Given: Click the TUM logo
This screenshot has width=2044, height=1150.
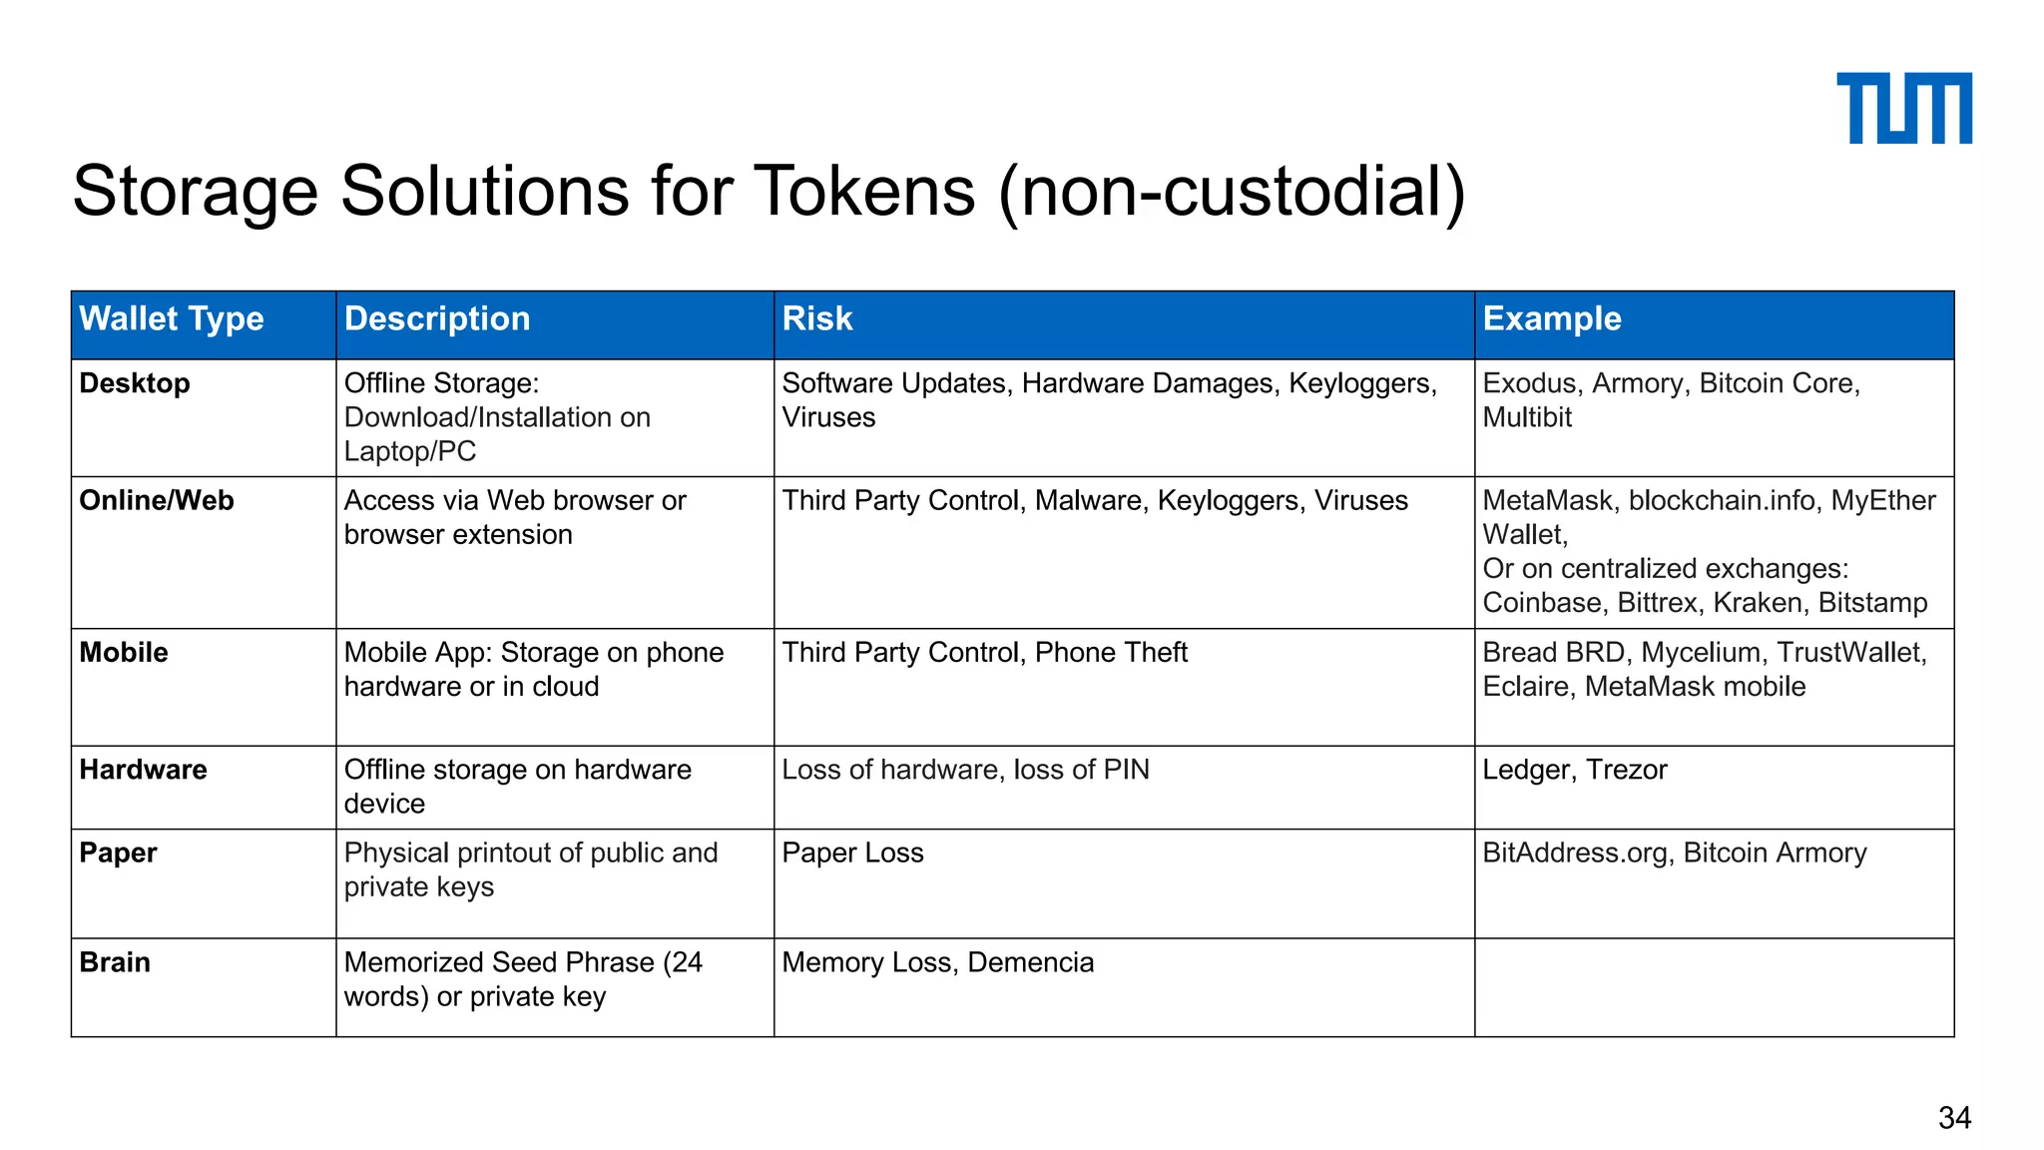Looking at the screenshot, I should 1903,108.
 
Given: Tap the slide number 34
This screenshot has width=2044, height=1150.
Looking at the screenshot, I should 1954,1117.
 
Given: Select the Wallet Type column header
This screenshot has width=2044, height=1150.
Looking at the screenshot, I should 172,318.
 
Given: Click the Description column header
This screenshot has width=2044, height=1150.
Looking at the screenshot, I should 437,318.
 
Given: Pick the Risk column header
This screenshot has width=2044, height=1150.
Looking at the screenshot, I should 817,318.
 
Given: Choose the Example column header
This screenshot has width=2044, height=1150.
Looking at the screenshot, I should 1552,318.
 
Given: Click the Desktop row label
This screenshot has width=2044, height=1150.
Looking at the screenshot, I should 135,383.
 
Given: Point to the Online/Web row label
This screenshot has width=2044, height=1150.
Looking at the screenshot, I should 157,500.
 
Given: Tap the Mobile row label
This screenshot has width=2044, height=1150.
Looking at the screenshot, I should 124,652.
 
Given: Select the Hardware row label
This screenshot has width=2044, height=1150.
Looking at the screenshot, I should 144,770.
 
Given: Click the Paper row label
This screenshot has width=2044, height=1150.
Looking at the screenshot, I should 118,853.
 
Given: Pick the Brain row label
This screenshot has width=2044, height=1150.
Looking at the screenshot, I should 115,962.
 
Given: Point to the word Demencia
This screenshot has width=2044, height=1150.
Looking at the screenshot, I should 1031,962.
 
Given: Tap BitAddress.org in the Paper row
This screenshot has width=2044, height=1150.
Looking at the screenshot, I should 1575,853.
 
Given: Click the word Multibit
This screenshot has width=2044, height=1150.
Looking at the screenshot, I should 1527,417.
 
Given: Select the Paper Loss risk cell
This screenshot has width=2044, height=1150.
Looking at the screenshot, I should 852,853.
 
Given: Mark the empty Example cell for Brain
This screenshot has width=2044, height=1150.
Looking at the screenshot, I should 1714,986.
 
